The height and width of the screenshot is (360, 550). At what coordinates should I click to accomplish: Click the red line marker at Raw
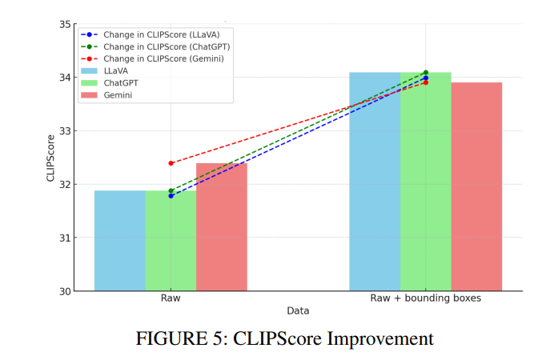coord(171,163)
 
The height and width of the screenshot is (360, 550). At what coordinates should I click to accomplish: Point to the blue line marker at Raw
coord(171,195)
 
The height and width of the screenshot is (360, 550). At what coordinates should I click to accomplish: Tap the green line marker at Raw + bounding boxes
coord(426,73)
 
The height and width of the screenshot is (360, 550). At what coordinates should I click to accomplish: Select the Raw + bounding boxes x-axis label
coord(426,298)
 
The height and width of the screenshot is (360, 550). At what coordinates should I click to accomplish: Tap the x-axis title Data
coord(298,310)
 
